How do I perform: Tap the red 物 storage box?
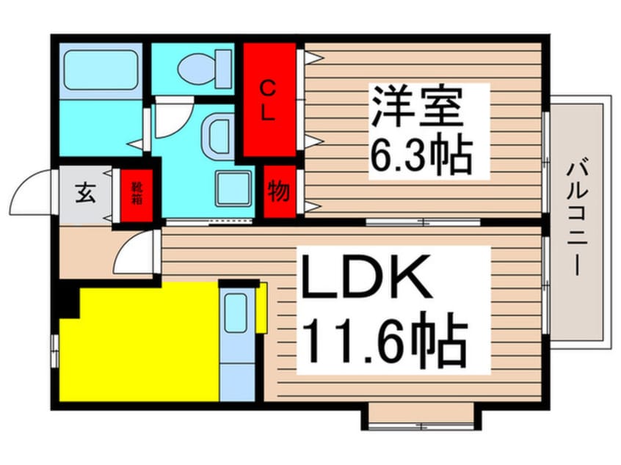click(279, 193)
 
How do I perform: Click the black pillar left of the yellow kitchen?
click(68, 301)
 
